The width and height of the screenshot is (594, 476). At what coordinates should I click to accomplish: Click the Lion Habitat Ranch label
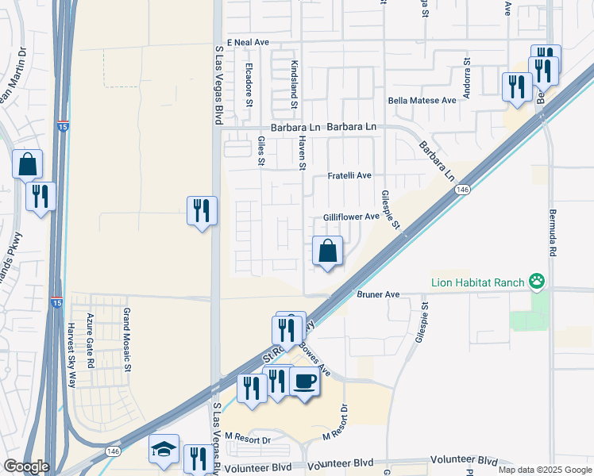[x=480, y=282]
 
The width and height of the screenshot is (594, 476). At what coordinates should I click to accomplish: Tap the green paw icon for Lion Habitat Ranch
[x=538, y=280]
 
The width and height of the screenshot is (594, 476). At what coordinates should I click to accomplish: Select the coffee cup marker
[x=305, y=382]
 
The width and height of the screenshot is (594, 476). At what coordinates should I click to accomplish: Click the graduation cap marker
[x=164, y=449]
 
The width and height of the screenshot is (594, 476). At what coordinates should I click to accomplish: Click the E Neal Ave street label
[x=249, y=41]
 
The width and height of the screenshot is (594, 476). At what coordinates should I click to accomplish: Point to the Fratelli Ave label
[x=350, y=176]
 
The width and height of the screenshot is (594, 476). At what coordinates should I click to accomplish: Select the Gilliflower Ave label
[x=351, y=217]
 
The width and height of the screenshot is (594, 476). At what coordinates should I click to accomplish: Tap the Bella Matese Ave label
[x=422, y=101]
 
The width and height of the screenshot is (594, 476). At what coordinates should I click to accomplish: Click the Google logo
[x=25, y=466]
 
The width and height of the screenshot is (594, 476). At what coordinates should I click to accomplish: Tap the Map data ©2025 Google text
[x=545, y=470]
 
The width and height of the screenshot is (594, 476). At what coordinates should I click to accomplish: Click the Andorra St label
[x=468, y=75]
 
